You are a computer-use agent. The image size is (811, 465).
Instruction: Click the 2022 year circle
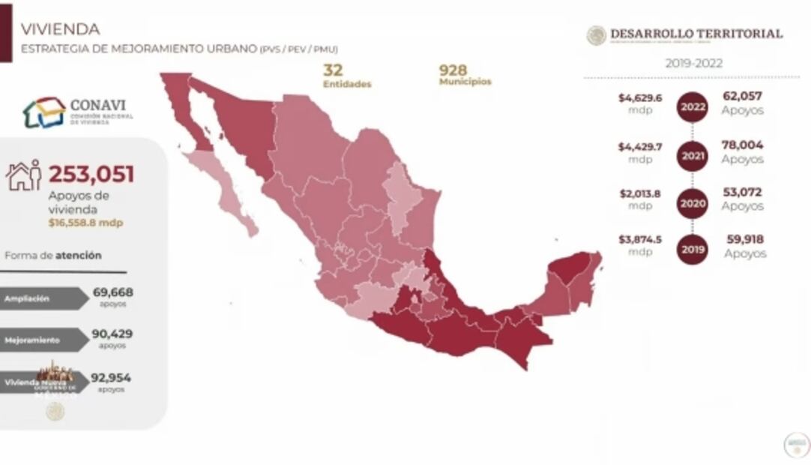[692, 108]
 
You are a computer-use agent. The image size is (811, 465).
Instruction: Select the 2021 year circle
[692, 156]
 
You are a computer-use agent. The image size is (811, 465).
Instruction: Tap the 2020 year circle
[692, 203]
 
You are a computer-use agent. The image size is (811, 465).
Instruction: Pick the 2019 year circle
[692, 250]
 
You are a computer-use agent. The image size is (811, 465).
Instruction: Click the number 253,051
[91, 175]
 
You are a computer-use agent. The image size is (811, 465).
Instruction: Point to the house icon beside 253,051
[23, 175]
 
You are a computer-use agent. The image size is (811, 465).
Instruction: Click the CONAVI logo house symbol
[43, 112]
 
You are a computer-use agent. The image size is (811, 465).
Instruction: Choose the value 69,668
[111, 292]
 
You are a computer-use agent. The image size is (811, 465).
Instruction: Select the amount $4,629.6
[636, 97]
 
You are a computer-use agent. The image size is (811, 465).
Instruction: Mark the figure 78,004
[743, 144]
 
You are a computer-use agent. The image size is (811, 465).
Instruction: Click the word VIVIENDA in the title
[60, 29]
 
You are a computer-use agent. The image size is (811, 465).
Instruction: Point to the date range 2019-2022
[694, 63]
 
